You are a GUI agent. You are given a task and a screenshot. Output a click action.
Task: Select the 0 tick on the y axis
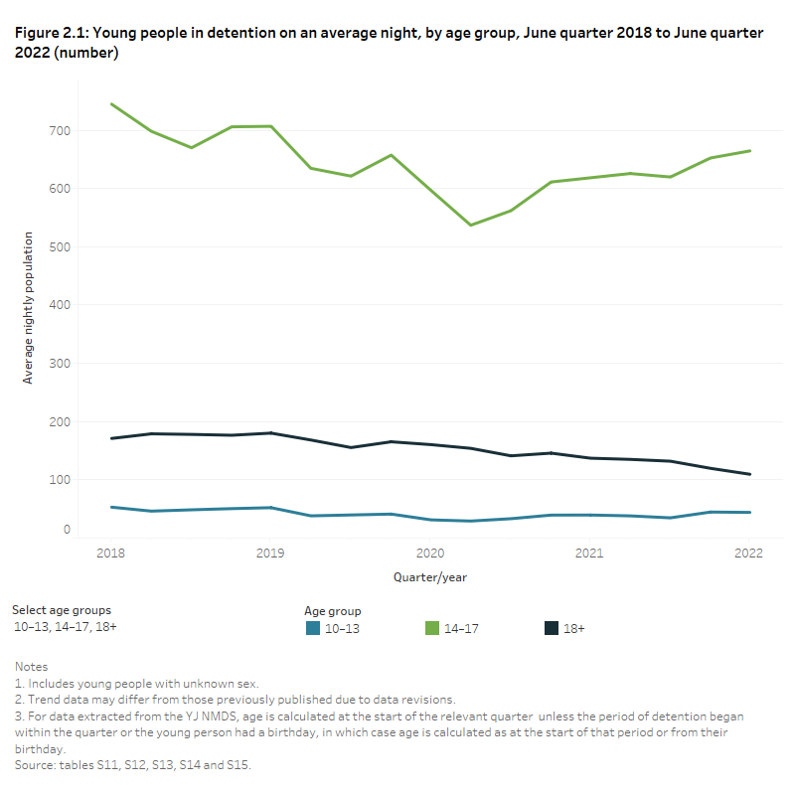[x=93, y=530]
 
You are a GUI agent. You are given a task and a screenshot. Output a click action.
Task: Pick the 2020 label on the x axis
[x=429, y=553]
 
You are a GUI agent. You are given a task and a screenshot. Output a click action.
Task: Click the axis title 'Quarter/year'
[x=429, y=576]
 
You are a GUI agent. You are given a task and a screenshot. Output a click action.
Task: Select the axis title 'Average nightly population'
[x=28, y=308]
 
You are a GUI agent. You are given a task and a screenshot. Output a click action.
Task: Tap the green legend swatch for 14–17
[x=431, y=628]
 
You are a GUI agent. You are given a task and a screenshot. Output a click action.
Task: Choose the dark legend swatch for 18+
[x=551, y=628]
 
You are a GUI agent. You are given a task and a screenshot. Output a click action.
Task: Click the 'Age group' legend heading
[x=332, y=611]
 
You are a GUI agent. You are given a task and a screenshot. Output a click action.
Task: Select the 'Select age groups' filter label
[x=62, y=609]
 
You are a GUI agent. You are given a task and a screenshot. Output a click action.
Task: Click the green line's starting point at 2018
[x=110, y=103]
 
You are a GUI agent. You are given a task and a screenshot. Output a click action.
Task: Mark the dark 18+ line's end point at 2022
[x=749, y=474]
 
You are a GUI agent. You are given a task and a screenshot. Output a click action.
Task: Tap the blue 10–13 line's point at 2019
[x=270, y=508]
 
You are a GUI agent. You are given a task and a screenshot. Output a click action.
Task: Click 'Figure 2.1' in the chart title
[x=51, y=33]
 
